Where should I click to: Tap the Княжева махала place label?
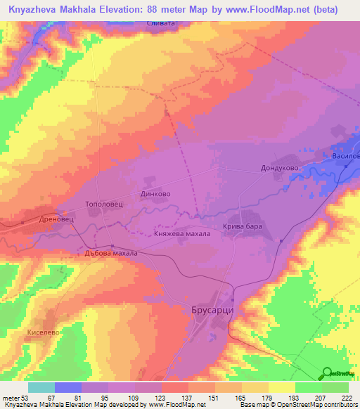click(182, 234)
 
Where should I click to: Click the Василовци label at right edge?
click(346, 155)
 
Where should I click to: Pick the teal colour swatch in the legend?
click(41, 387)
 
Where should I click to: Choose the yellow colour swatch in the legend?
click(282, 387)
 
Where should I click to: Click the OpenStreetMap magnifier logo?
click(326, 372)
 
